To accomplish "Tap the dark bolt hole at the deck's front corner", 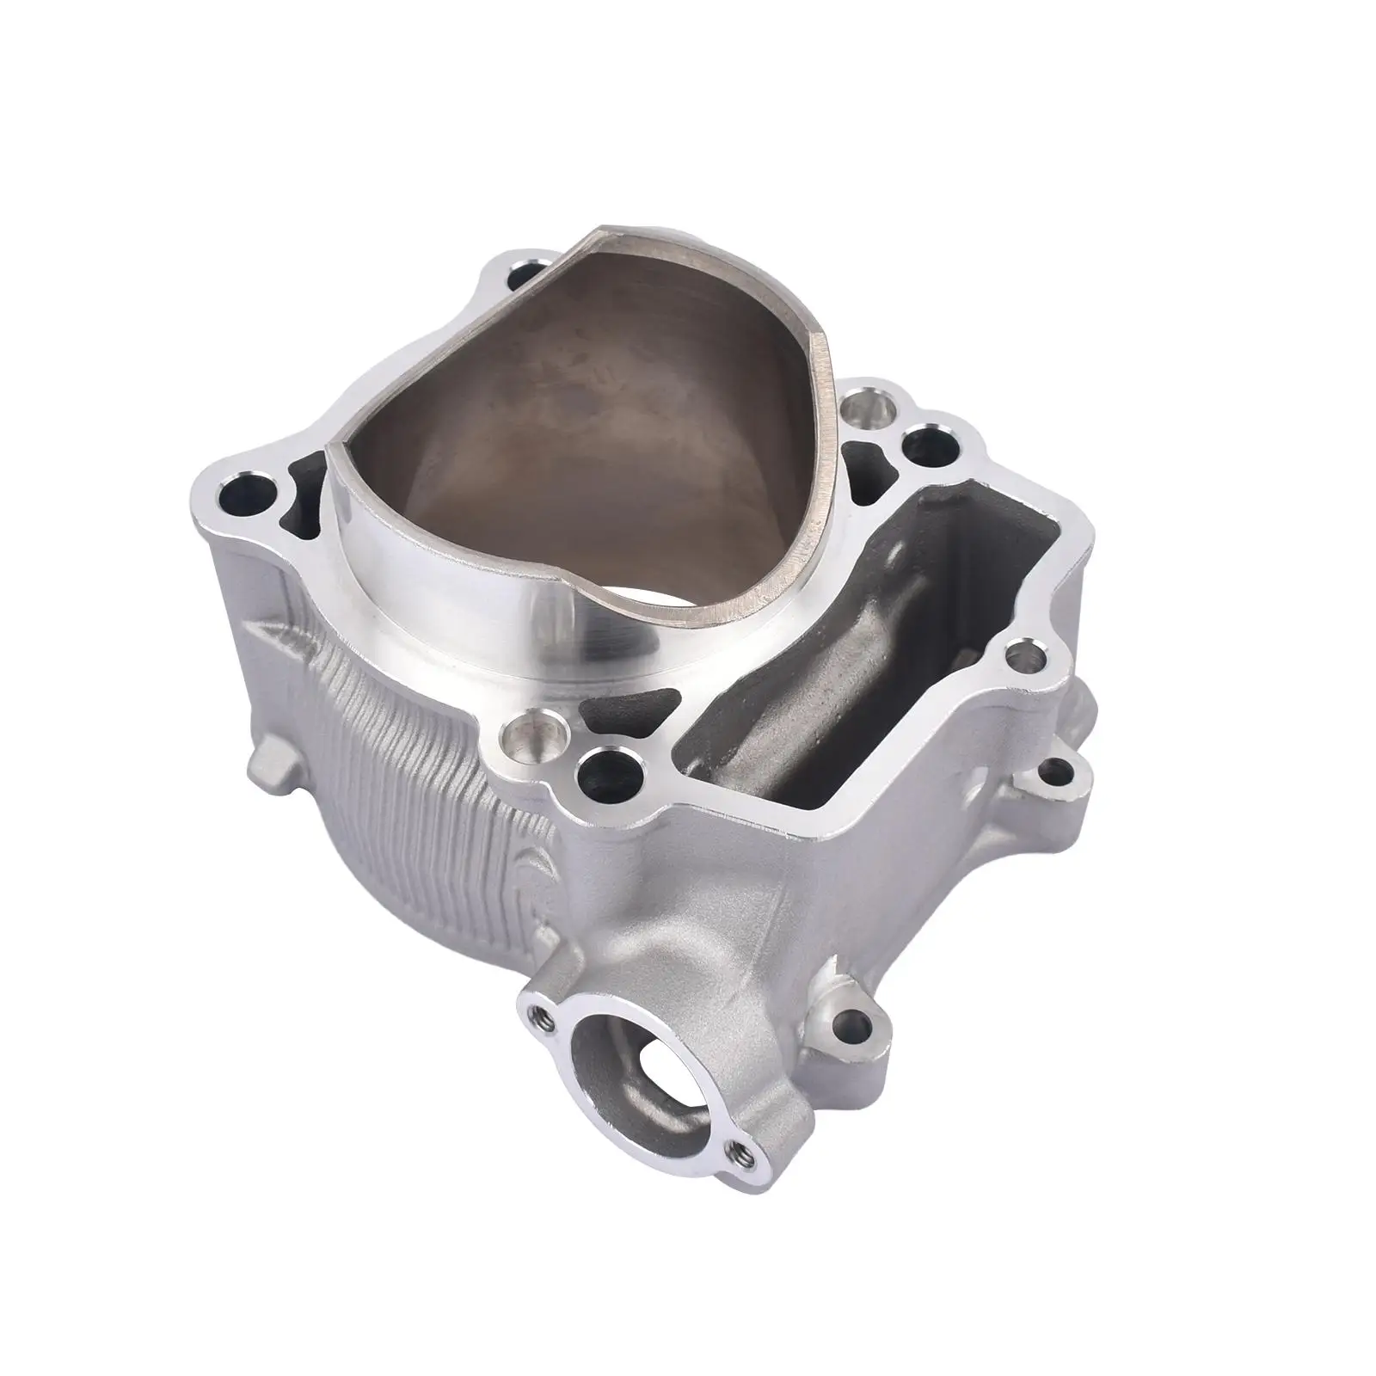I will click(x=607, y=759).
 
